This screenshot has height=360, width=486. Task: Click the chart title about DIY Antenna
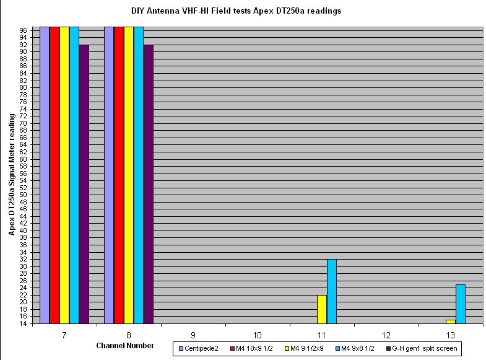(236, 11)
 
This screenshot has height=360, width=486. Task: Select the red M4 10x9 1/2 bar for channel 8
(119, 175)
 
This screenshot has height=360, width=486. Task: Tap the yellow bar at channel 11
(322, 309)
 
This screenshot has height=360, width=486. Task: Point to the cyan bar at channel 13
(461, 304)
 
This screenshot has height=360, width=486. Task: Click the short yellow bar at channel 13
(451, 321)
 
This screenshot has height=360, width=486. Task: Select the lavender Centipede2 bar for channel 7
(45, 175)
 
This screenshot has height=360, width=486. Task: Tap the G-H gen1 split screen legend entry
(424, 349)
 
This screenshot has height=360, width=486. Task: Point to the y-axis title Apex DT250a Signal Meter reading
(12, 175)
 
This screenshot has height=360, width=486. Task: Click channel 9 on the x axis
(193, 334)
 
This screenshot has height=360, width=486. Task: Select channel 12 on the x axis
(386, 334)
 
